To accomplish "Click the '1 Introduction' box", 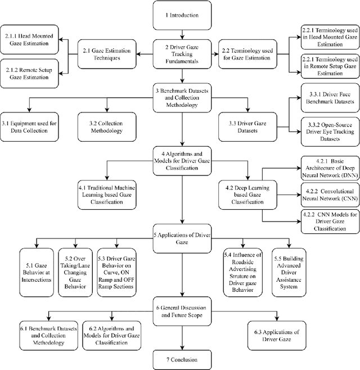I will [x=182, y=16].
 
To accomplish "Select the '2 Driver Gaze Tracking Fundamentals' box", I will [x=182, y=53].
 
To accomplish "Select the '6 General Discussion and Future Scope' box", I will [x=182, y=312].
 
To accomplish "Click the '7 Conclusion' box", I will [x=182, y=358].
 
